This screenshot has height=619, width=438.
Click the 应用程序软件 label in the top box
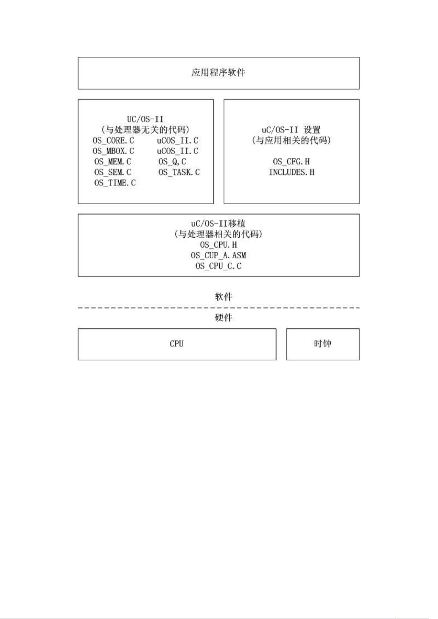click(x=218, y=72)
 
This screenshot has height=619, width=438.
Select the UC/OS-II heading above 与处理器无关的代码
click(x=145, y=119)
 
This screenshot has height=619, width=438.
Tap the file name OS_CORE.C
click(x=113, y=140)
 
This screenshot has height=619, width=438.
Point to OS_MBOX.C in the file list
click(x=113, y=151)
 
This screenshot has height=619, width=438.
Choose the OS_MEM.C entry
click(x=113, y=161)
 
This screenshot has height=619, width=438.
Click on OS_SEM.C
click(x=113, y=172)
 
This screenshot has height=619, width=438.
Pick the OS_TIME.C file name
click(x=115, y=183)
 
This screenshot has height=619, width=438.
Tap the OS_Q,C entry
click(x=172, y=161)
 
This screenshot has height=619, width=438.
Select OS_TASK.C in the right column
click(x=179, y=172)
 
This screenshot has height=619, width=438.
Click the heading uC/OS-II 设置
click(x=291, y=130)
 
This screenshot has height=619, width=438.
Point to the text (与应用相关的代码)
click(x=291, y=140)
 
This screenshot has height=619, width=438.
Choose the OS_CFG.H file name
click(x=291, y=161)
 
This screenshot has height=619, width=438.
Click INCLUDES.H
click(x=292, y=172)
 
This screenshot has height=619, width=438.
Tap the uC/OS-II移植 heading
click(x=218, y=223)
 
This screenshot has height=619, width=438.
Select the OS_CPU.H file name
click(x=219, y=245)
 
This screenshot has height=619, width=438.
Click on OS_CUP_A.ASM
click(x=218, y=255)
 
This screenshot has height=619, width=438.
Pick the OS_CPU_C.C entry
click(x=218, y=266)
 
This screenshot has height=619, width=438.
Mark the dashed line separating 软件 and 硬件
click(x=219, y=307)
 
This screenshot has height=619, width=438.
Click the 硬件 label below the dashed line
click(x=223, y=317)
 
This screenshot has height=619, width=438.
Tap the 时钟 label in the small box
click(x=323, y=344)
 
